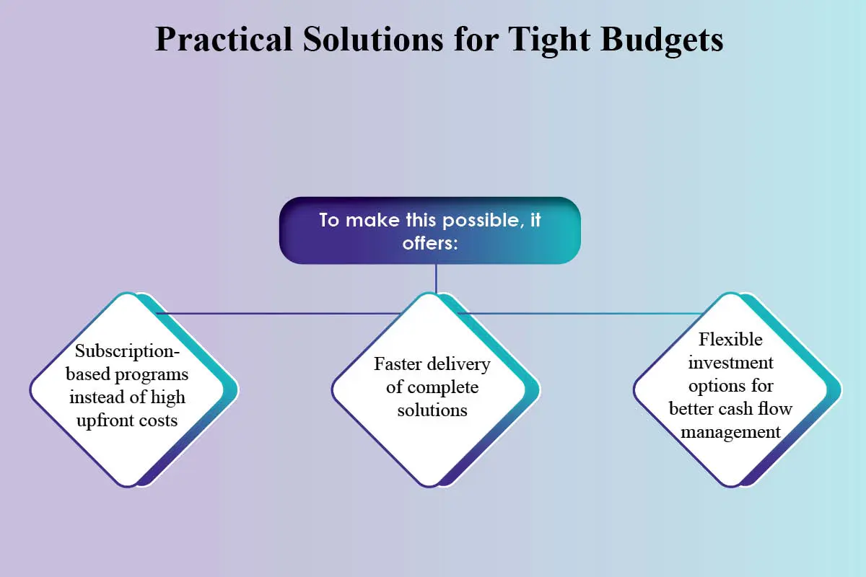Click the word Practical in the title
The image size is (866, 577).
pyautogui.click(x=224, y=39)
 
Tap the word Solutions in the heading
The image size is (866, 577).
pyautogui.click(x=372, y=39)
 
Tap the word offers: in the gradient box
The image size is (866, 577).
pyautogui.click(x=430, y=244)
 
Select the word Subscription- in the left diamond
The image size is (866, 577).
pyautogui.click(x=127, y=352)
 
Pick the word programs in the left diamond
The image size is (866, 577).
pyautogui.click(x=152, y=375)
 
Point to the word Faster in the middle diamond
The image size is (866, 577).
pyautogui.click(x=398, y=364)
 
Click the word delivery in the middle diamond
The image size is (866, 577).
pyautogui.click(x=458, y=365)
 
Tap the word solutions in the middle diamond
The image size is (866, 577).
pyautogui.click(x=432, y=410)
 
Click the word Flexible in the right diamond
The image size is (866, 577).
pyautogui.click(x=730, y=340)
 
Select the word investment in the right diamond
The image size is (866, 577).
pyautogui.click(x=730, y=363)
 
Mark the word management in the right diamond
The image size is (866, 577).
pyautogui.click(x=730, y=433)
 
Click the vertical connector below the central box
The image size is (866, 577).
pyautogui.click(x=436, y=278)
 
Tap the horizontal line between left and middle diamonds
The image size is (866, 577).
pyautogui.click(x=279, y=314)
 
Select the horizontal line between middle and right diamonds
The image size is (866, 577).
pyautogui.click(x=580, y=314)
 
